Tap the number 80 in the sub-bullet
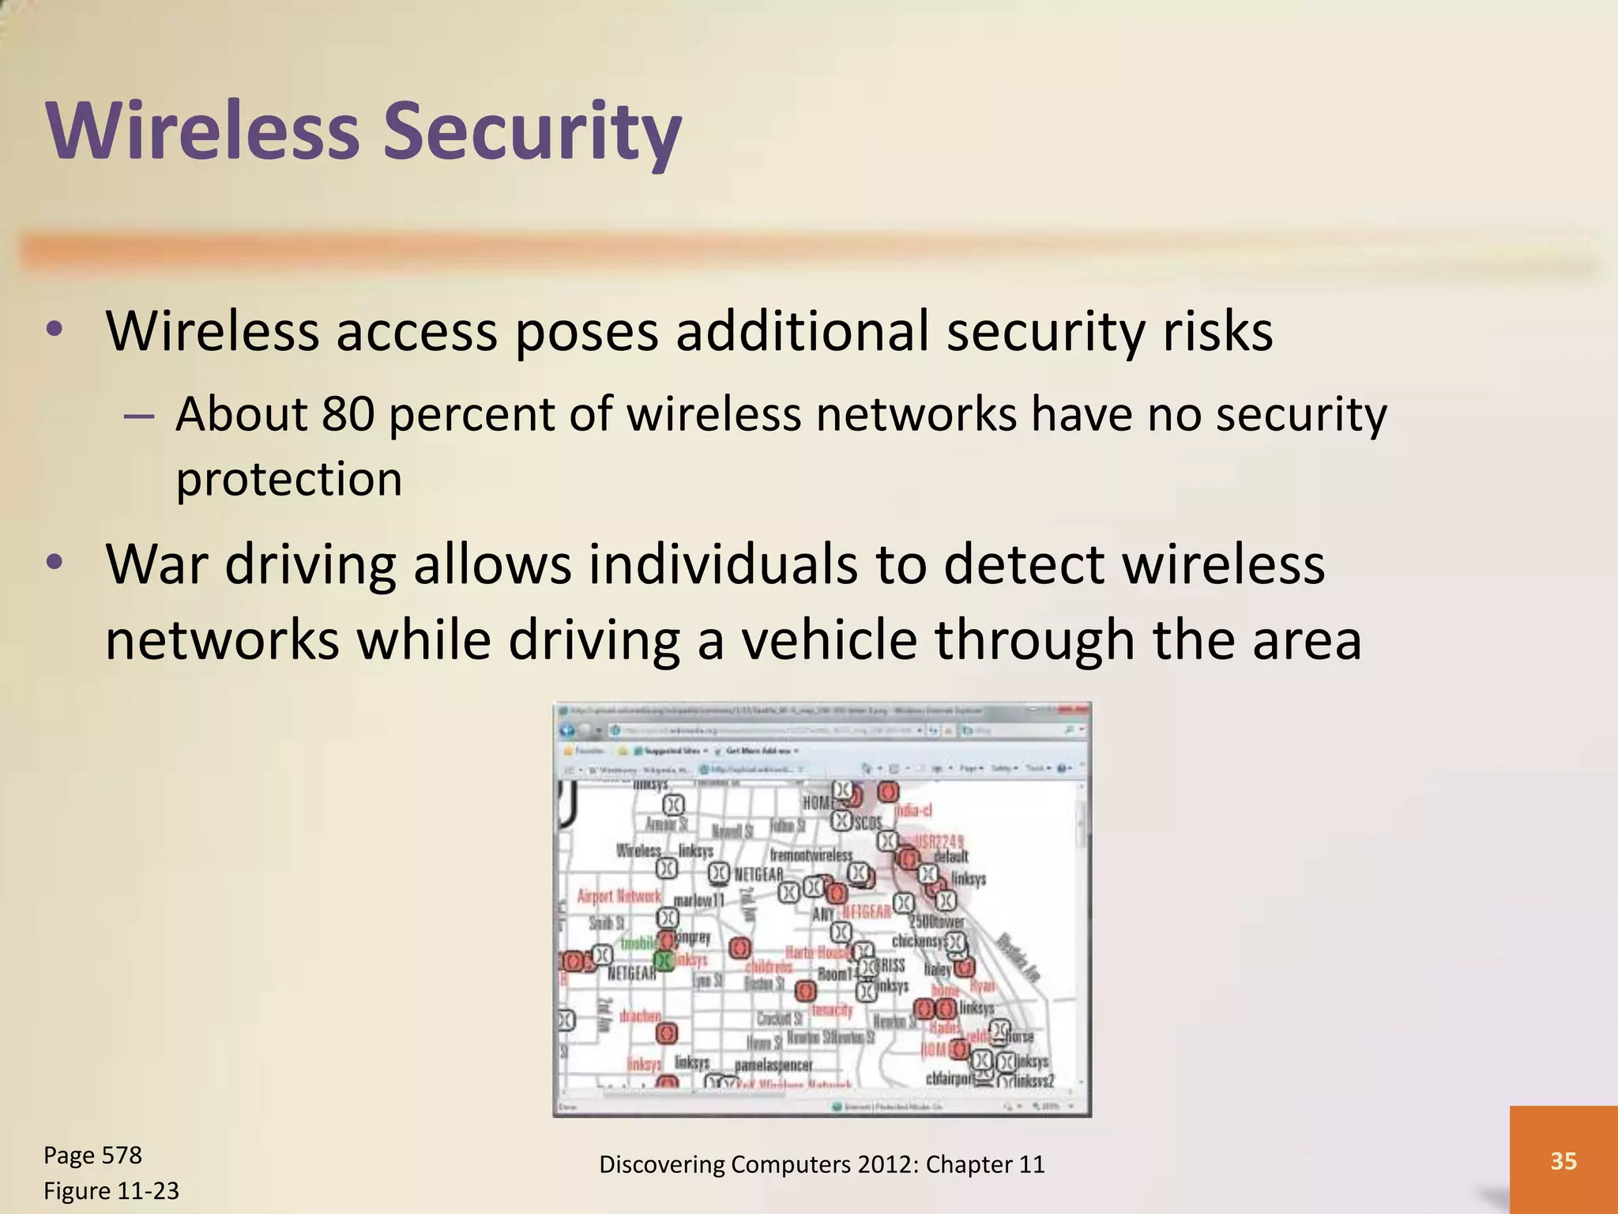[348, 414]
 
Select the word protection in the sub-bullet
[289, 480]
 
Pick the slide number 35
[1563, 1160]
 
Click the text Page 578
[92, 1156]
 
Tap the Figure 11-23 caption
[111, 1190]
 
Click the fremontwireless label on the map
[811, 855]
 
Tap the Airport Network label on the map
[619, 896]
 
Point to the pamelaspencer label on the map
[773, 1065]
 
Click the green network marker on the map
[664, 960]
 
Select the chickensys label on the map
[917, 941]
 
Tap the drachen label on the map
[640, 1016]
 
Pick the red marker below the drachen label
[667, 1033]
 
